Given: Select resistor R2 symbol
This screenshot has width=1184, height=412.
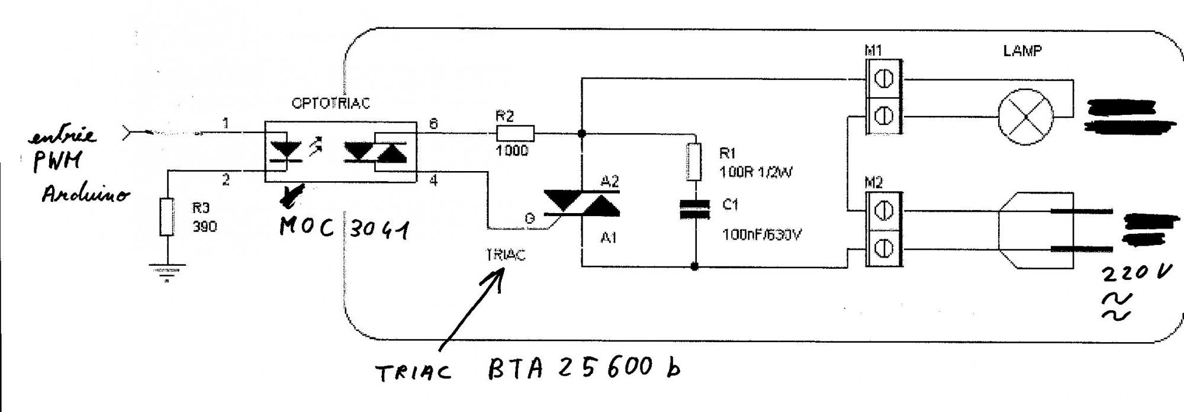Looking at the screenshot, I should click(514, 133).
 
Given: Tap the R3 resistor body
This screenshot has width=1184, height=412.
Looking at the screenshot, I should click(168, 217).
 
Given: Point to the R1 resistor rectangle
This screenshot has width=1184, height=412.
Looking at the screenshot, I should click(694, 161).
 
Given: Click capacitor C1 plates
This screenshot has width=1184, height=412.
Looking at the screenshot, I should click(694, 209).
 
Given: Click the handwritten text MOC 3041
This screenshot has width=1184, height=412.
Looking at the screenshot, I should click(344, 227).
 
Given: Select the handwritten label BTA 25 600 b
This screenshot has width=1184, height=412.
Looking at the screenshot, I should click(583, 368).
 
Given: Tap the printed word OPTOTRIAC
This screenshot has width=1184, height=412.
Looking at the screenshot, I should click(330, 103).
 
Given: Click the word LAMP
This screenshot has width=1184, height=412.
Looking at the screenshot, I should click(1022, 51).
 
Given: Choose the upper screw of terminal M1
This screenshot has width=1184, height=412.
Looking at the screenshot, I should click(884, 79).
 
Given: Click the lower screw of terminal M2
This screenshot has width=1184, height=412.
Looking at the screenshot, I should click(884, 249).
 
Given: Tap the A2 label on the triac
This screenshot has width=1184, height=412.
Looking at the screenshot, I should click(610, 181).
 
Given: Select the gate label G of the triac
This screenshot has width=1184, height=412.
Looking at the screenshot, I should click(529, 218).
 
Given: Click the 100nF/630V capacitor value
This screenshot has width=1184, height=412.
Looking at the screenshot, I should click(761, 235).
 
